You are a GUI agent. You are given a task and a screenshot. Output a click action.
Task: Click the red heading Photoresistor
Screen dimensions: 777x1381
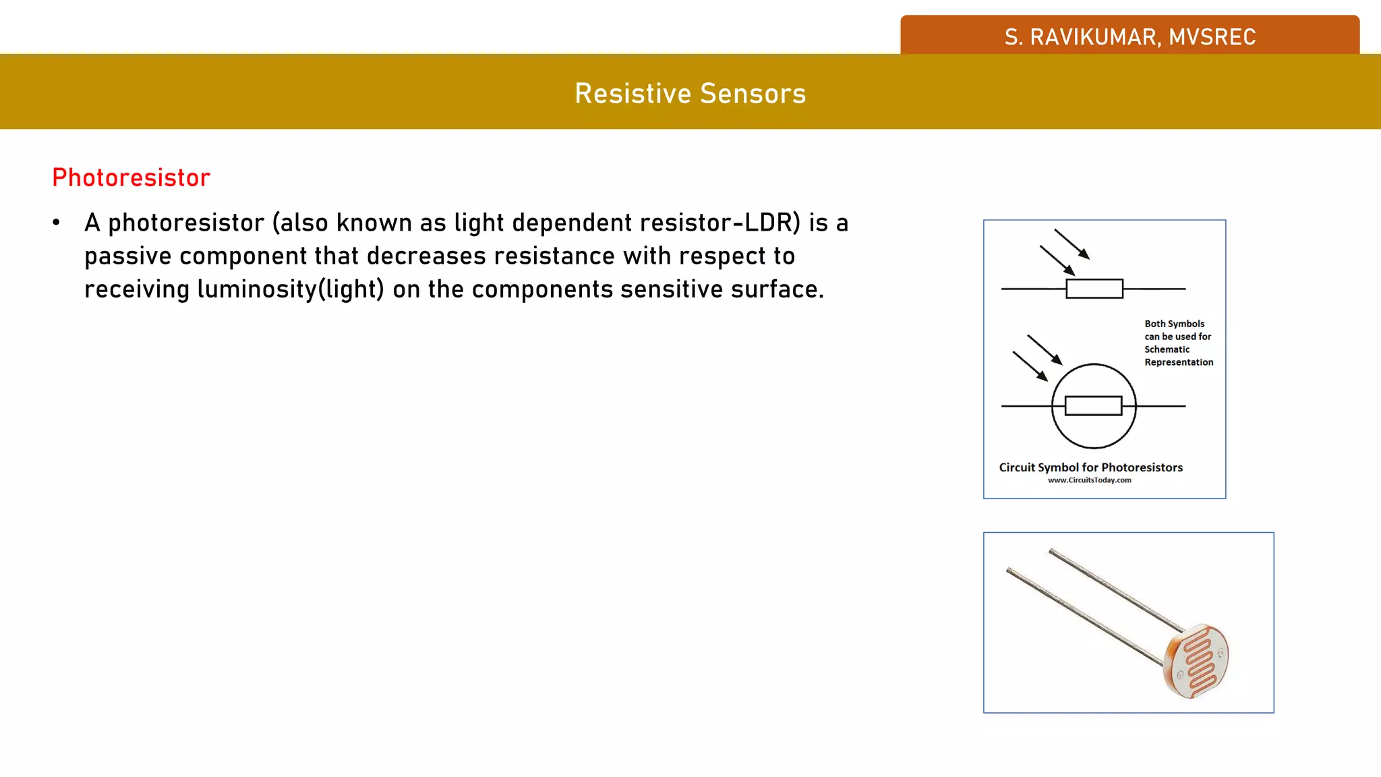[x=131, y=178]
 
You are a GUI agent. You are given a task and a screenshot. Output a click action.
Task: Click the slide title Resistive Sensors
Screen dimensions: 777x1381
[x=690, y=93]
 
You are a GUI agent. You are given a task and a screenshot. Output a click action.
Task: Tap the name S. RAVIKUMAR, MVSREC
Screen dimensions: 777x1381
[x=1129, y=36]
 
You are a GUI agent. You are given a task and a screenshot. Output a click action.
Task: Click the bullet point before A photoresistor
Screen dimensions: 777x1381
[x=57, y=223]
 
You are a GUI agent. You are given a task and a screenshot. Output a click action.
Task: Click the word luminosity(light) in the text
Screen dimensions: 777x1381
[x=291, y=289]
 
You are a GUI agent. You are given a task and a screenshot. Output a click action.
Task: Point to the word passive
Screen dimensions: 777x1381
[x=128, y=256]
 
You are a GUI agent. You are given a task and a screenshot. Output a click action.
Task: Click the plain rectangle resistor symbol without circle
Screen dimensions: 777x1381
[x=1094, y=289]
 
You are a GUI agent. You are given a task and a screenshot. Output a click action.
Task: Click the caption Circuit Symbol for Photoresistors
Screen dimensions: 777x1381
[x=1090, y=467]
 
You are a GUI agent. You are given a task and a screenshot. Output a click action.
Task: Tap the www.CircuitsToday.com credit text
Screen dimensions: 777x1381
[x=1089, y=480]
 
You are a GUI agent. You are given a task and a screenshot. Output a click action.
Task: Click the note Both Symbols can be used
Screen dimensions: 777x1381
[x=1177, y=343]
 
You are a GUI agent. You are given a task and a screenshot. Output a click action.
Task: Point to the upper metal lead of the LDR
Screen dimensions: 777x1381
[x=1113, y=587]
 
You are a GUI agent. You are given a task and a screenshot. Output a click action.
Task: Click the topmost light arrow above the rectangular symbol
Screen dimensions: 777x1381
[x=1071, y=243]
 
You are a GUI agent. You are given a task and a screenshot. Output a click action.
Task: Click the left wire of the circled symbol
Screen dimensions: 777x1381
[x=1026, y=406]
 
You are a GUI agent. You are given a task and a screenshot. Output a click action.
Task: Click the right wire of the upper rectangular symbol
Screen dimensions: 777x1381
[x=1154, y=289]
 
